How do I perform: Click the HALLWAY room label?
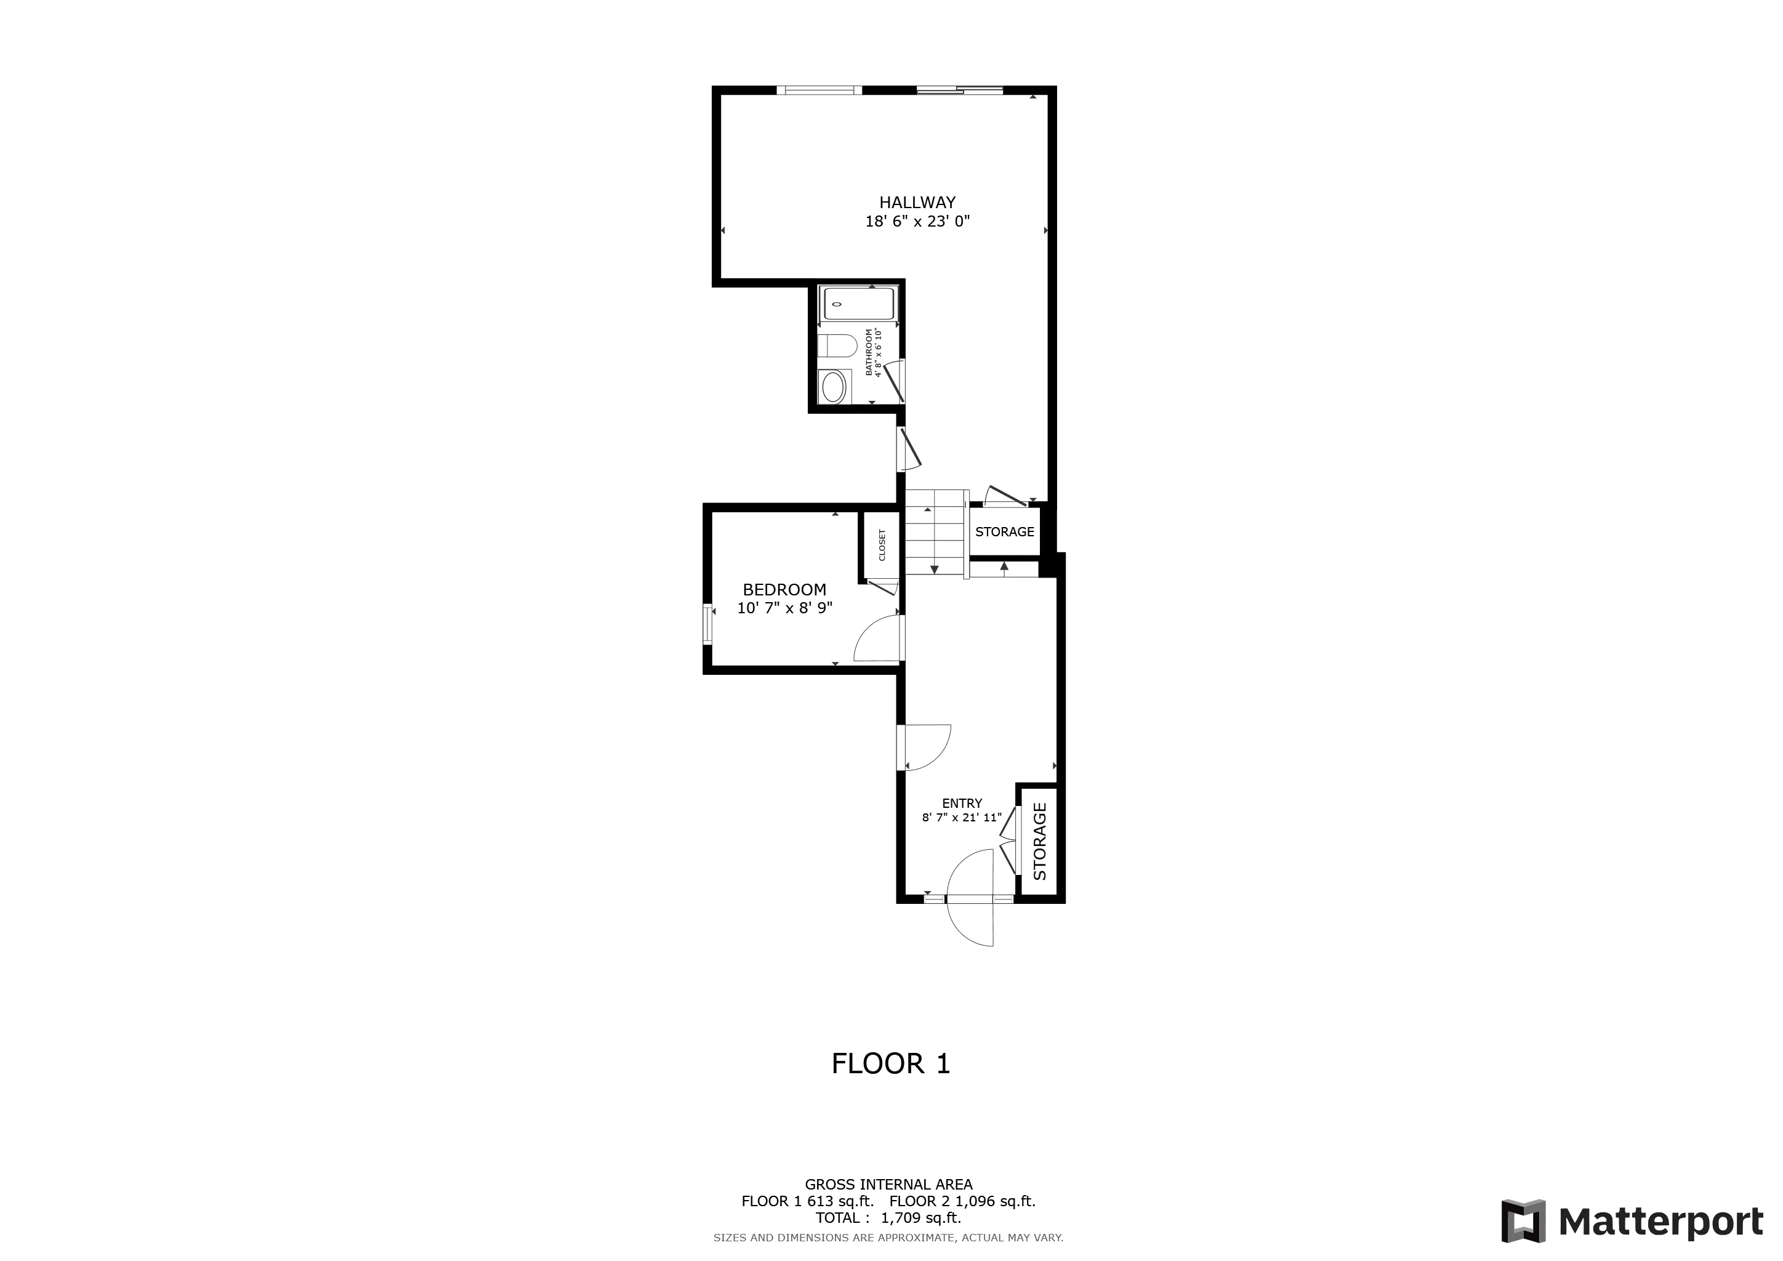click(917, 203)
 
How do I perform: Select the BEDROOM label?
click(784, 590)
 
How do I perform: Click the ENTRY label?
click(962, 804)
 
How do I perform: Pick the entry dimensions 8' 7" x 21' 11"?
click(962, 818)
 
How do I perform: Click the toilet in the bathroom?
click(838, 345)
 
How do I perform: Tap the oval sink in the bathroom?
click(833, 387)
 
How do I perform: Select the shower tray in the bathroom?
click(858, 303)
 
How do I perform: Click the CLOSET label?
click(882, 545)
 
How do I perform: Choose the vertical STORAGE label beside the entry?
click(1040, 842)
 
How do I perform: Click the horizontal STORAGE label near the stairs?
click(1004, 532)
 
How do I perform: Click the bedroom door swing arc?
click(876, 639)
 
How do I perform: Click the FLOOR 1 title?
click(891, 1064)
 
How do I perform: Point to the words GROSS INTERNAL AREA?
click(888, 1185)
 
